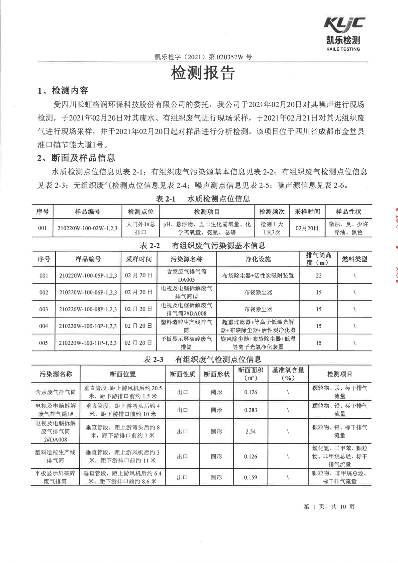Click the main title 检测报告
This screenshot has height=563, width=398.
click(203, 73)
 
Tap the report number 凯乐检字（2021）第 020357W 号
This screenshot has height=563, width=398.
click(203, 57)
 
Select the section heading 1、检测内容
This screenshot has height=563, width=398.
click(63, 90)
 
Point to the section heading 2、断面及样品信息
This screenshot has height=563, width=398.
click(76, 158)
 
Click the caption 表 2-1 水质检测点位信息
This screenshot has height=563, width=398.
click(203, 199)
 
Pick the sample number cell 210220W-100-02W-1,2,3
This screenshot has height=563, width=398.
click(87, 228)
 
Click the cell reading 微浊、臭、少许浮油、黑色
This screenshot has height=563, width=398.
click(348, 228)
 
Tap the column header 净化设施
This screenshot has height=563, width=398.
click(258, 259)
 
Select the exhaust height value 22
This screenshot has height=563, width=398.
click(319, 275)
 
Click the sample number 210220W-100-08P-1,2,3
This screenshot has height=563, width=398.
click(88, 309)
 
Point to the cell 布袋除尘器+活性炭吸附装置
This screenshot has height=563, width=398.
click(258, 275)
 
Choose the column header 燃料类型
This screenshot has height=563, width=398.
click(354, 259)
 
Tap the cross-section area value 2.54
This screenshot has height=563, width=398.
click(251, 431)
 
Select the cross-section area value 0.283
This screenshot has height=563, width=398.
click(251, 410)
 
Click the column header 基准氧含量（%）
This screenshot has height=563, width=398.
click(288, 374)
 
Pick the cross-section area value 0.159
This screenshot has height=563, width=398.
click(251, 477)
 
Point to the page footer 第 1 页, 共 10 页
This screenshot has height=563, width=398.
click(329, 506)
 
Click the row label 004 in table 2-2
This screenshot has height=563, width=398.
click(43, 326)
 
